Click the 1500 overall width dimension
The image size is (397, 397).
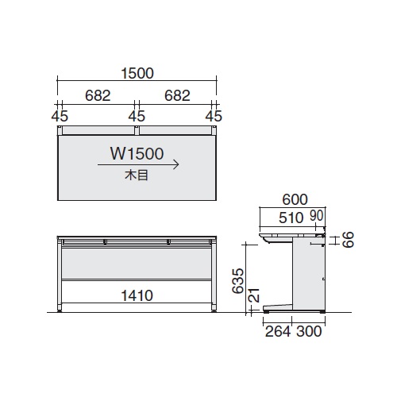pos(137,74)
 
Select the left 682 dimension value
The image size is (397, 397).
pos(98,96)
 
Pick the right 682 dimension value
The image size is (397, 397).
pos(177,96)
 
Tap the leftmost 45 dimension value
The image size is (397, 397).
pos(60,116)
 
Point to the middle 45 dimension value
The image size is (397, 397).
pos(137,116)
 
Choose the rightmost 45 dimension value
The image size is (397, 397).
pos(214,116)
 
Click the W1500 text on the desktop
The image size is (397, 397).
pos(137,154)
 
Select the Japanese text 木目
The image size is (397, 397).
pos(137,175)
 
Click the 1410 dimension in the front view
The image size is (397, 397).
pos(137,295)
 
